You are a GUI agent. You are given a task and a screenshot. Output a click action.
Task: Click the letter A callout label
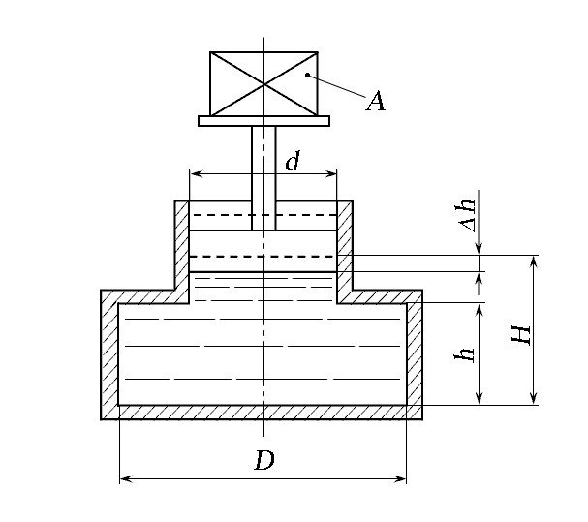point(376,101)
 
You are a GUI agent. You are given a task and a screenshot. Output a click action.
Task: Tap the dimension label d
point(293,161)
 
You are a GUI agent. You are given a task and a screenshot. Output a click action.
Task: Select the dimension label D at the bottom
point(264,460)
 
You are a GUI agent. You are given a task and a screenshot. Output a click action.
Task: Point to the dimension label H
point(521,334)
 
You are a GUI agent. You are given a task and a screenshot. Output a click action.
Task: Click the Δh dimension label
point(467,215)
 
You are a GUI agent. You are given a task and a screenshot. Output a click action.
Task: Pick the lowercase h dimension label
point(464,354)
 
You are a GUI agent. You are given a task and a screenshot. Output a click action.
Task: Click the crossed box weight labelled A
point(263,84)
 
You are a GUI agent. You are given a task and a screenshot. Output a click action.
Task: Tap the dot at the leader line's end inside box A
point(307,75)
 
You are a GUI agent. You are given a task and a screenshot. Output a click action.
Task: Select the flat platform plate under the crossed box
point(264,121)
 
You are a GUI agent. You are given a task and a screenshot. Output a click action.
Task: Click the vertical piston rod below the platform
point(263,178)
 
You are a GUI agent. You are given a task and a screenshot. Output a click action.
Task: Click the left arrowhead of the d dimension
point(196,173)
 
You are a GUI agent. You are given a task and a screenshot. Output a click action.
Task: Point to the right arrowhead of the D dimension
point(400,478)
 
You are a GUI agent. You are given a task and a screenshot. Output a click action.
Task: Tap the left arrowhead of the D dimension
point(126,478)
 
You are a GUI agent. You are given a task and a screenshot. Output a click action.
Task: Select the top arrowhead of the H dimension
point(534,261)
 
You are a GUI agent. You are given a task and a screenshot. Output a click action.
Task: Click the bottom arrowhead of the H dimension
point(534,398)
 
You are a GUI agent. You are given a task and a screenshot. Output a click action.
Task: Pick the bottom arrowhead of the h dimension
point(479,398)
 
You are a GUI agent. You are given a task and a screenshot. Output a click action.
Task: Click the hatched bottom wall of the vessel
point(262,413)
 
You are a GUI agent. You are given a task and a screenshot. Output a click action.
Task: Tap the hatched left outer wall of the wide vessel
point(109,354)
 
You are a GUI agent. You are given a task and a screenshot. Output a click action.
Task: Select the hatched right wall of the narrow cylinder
point(345,251)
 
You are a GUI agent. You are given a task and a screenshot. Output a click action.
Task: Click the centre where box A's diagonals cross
point(263,84)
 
